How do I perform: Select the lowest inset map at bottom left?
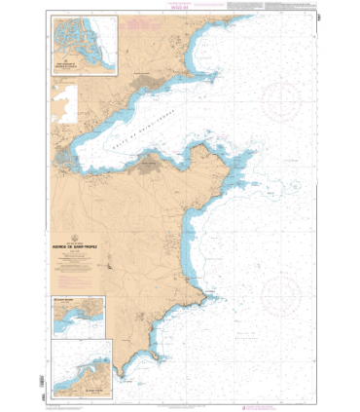click(x=84, y=360)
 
